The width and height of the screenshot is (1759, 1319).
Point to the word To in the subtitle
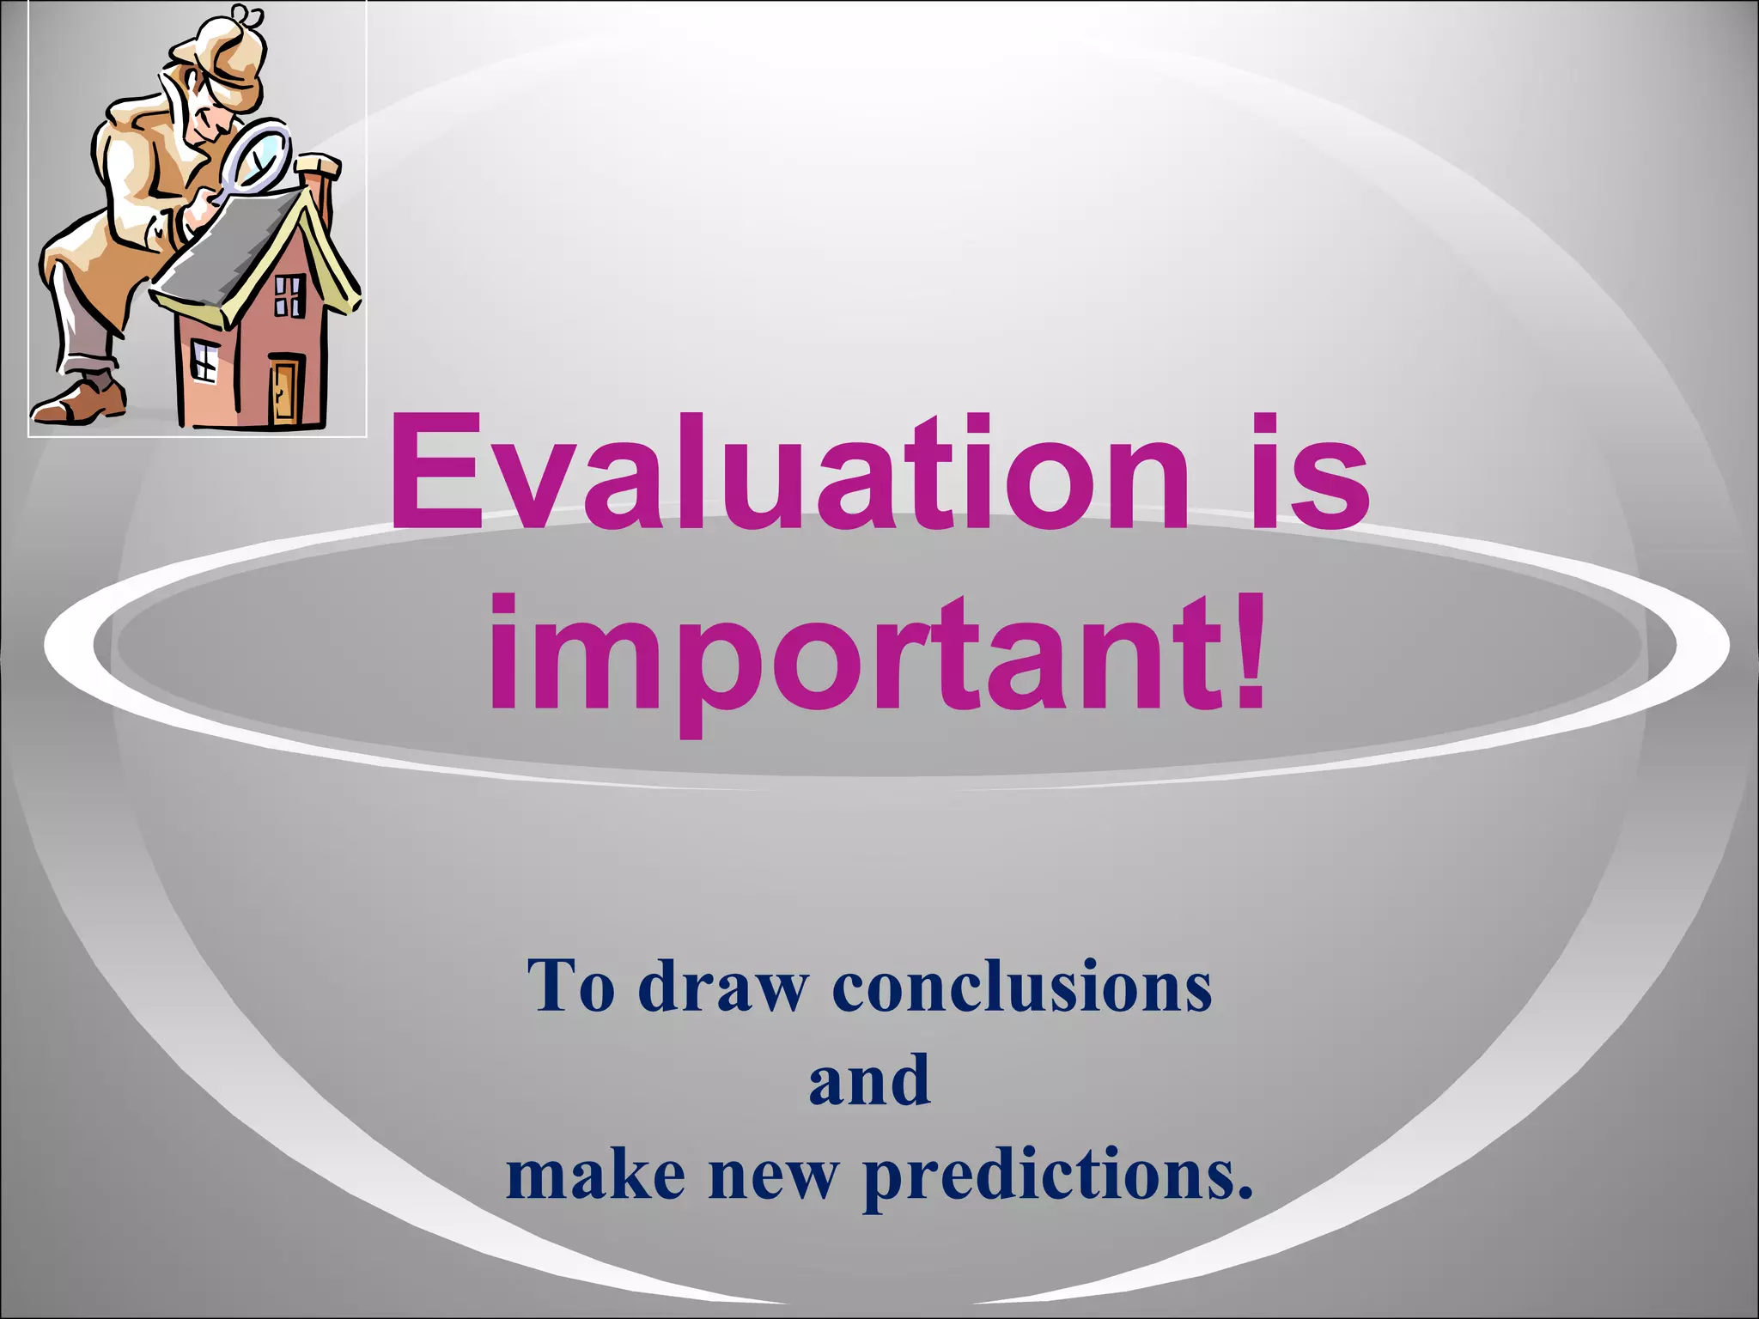(x=571, y=986)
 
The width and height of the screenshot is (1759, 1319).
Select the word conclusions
(x=1022, y=986)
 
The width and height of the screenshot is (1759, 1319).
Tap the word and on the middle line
(x=869, y=1079)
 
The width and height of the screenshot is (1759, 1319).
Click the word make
(x=595, y=1174)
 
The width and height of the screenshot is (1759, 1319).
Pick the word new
(x=772, y=1174)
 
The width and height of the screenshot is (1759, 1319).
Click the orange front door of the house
(x=284, y=391)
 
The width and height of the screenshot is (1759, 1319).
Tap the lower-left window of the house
(x=204, y=359)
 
